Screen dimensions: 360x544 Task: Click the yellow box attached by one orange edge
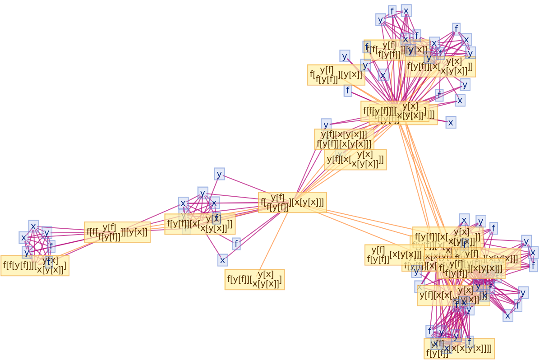point(254,279)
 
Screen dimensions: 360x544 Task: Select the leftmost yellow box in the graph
point(35,265)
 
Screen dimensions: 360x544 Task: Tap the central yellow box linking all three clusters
point(292,202)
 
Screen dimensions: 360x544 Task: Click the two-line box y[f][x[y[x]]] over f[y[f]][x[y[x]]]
point(344,139)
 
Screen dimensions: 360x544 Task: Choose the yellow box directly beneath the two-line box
point(355,160)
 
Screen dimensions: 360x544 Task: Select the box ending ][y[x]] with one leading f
point(336,75)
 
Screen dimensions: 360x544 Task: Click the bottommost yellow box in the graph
point(459,349)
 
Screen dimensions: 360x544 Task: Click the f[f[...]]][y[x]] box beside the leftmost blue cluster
point(117,232)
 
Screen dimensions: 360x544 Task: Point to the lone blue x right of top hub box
point(450,122)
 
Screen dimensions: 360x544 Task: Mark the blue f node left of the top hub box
point(347,91)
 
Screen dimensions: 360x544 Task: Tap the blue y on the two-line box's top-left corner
point(326,125)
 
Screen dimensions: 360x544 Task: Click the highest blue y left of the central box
point(219,174)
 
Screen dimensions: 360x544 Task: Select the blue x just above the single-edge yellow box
point(222,260)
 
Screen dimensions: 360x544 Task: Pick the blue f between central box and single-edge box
point(236,244)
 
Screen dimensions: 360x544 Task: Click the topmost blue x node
point(406,11)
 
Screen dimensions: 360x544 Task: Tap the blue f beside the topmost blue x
point(392,11)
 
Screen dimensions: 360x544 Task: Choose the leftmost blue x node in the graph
point(23,237)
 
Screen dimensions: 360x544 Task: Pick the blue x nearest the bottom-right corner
point(507,316)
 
